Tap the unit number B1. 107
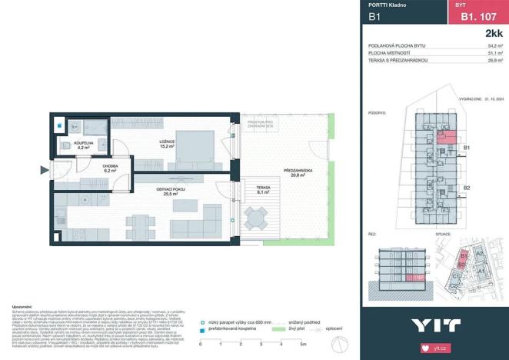(477, 16)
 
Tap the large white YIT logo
(435, 325)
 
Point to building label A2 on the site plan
(477, 253)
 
